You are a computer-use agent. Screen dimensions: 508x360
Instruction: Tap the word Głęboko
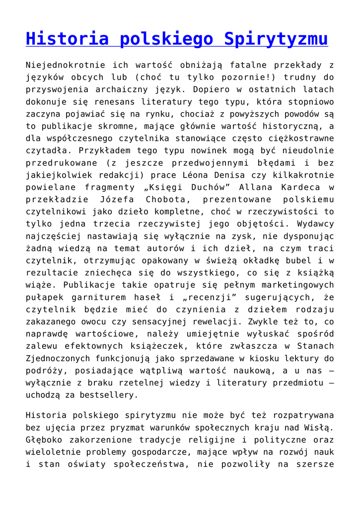(43, 439)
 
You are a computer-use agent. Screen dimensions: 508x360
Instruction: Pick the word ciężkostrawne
(301, 138)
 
